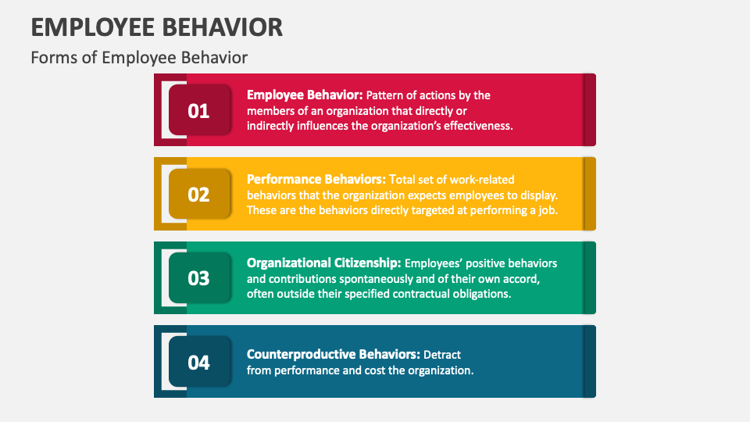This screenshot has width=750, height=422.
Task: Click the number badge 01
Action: tap(199, 110)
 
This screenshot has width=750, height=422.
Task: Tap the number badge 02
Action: tap(199, 194)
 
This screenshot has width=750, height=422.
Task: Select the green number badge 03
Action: tap(199, 277)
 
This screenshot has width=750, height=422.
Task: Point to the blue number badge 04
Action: tap(199, 362)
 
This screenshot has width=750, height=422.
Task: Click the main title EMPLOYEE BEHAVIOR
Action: tap(156, 27)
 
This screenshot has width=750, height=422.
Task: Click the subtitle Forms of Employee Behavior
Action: tap(139, 58)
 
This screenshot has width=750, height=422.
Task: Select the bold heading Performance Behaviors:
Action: tap(316, 179)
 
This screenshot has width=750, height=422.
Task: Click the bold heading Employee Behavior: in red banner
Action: tap(305, 95)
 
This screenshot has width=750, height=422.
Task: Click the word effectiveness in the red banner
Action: tap(477, 125)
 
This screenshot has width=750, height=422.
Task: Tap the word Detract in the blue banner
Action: tap(442, 354)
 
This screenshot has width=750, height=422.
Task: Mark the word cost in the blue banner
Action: tap(376, 370)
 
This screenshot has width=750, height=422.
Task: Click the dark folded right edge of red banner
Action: tap(589, 110)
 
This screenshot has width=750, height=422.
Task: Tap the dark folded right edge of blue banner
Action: tap(589, 362)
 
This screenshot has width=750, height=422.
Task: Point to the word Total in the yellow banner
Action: tap(402, 179)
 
